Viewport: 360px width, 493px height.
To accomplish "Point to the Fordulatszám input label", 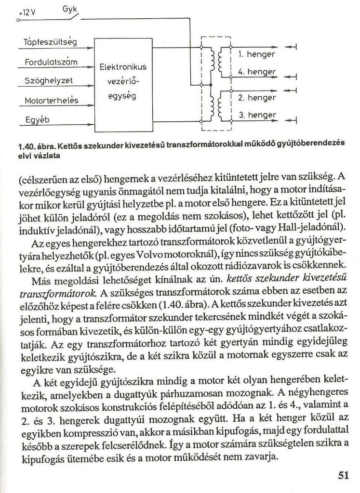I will tap(51, 62).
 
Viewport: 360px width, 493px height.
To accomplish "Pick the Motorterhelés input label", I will tap(52, 101).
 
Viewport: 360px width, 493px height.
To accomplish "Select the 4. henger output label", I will tap(256, 72).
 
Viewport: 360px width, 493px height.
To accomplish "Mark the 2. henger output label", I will tap(257, 98).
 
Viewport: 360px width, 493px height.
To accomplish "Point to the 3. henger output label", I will tap(257, 115).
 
